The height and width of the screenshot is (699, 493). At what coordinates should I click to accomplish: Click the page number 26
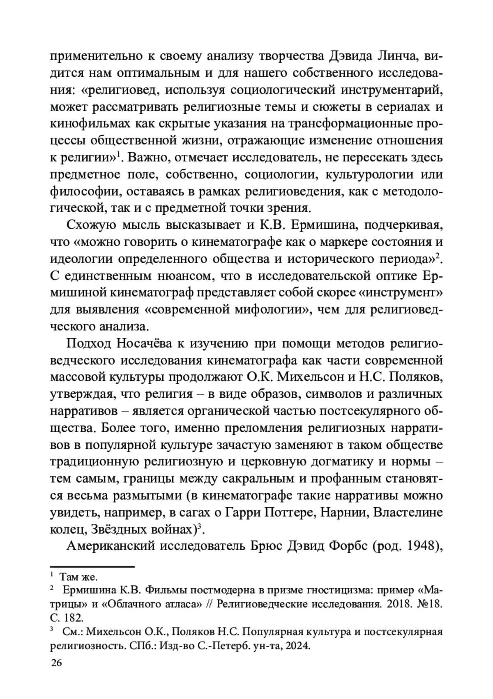tap(56, 663)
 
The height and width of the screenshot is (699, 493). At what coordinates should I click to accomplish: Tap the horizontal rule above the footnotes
tap(92, 566)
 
